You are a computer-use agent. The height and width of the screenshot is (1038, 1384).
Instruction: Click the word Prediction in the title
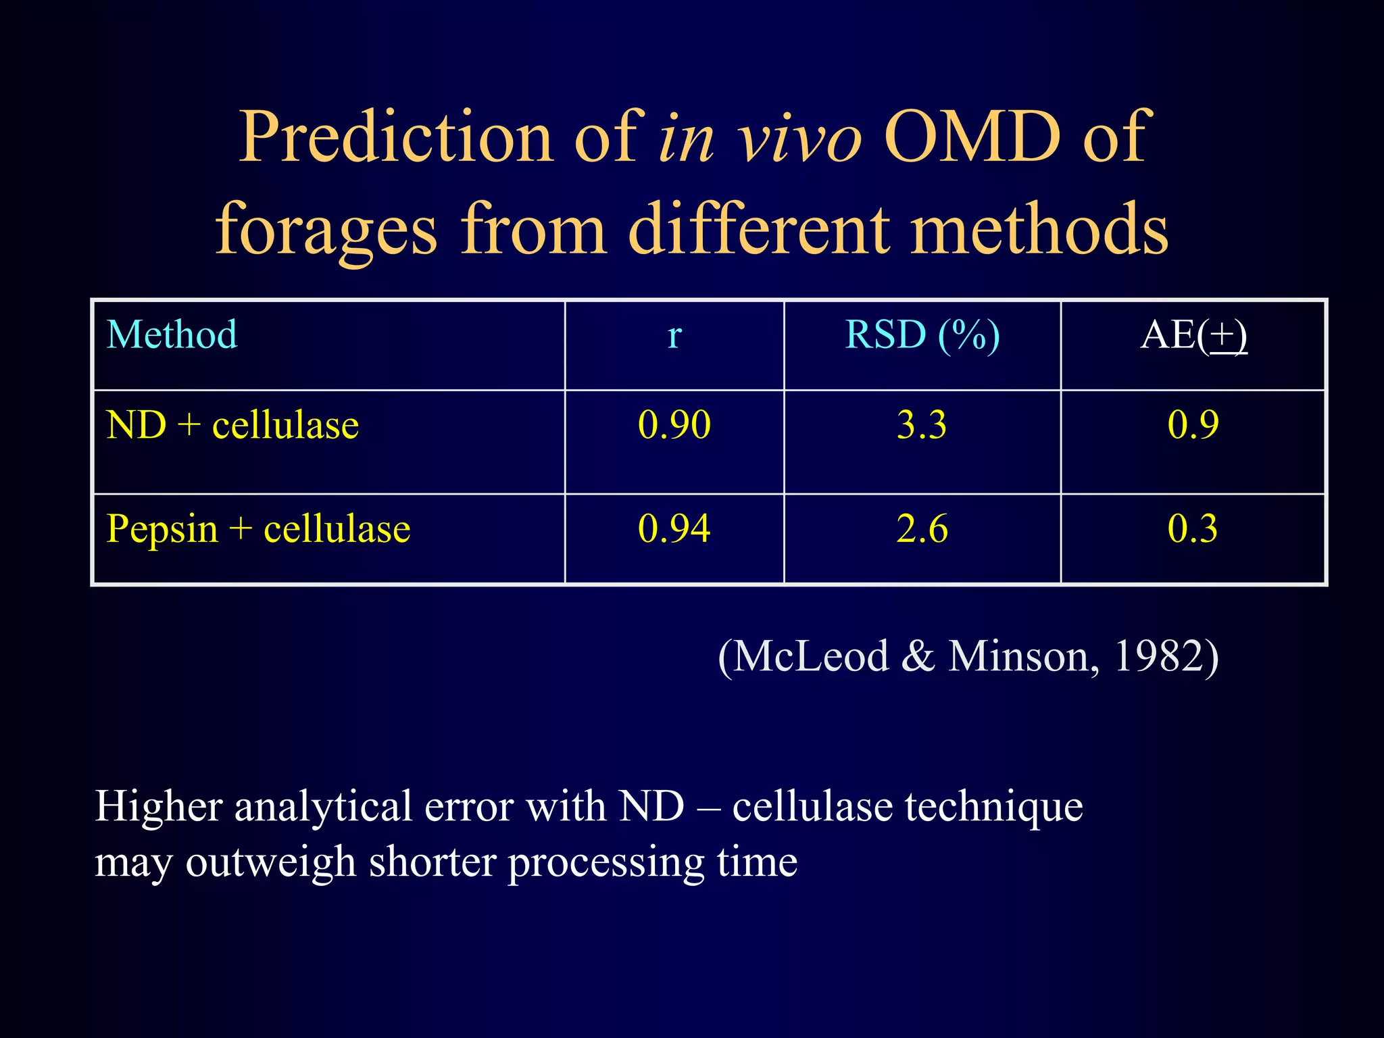click(x=396, y=137)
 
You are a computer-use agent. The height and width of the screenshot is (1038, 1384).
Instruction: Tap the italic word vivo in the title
click(x=799, y=137)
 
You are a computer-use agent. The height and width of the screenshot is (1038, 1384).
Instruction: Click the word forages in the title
click(x=326, y=230)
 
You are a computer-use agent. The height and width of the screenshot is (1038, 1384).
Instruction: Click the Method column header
click(x=172, y=335)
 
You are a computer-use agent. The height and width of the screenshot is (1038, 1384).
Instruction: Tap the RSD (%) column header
click(x=922, y=335)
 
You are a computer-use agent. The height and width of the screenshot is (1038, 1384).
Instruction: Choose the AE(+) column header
click(x=1193, y=335)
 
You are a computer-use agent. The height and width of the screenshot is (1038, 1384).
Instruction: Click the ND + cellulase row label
click(x=232, y=425)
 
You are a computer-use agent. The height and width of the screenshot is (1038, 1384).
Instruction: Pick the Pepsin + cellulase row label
click(x=258, y=528)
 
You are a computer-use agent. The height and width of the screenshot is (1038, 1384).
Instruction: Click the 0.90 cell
click(x=674, y=425)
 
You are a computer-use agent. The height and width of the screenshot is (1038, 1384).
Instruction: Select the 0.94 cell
click(x=674, y=528)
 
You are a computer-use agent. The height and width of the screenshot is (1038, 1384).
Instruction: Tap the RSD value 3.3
click(x=922, y=425)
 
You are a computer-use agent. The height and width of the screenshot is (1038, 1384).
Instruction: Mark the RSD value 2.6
click(x=922, y=528)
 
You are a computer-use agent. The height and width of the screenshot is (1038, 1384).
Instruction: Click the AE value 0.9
click(x=1193, y=425)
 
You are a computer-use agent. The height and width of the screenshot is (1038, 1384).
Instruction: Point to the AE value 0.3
click(x=1193, y=528)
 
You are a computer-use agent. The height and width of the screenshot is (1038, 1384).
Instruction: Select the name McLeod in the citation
click(x=811, y=656)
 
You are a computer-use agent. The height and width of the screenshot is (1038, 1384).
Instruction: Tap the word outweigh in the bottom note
click(x=270, y=863)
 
